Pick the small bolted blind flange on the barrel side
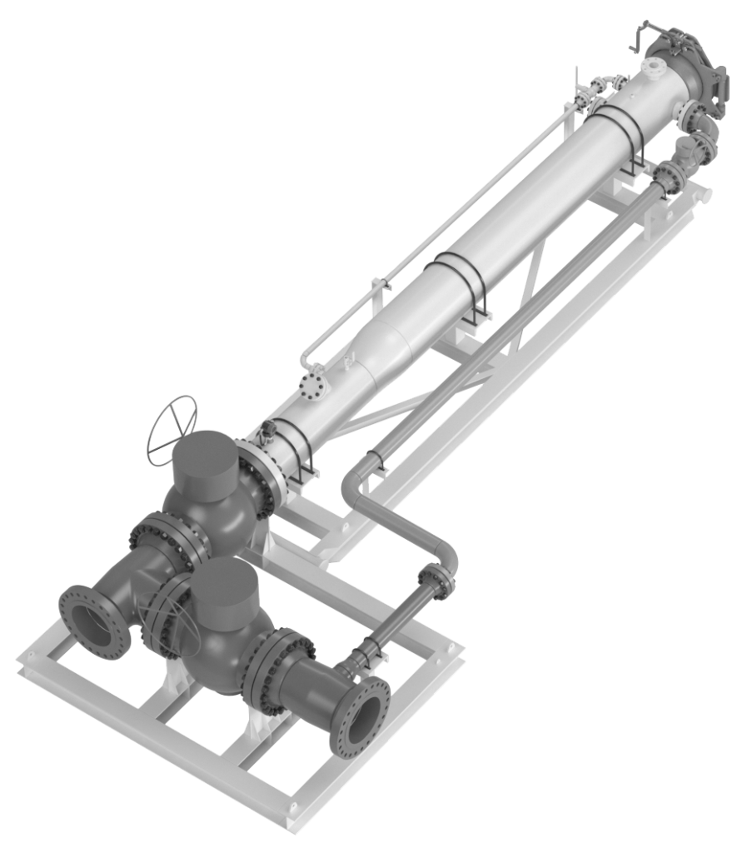pos(313,387)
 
